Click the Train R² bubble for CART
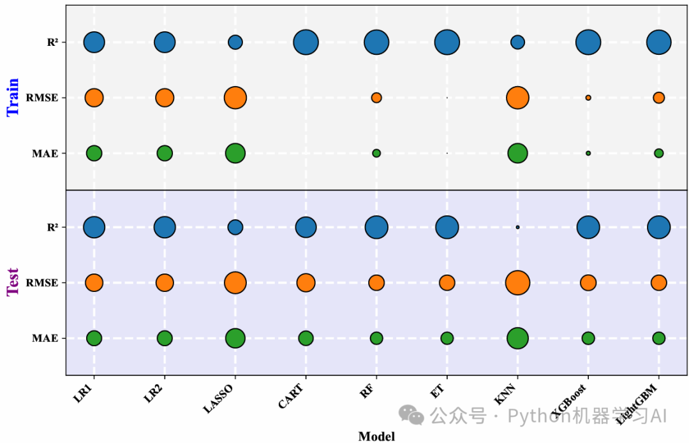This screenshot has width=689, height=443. [306, 43]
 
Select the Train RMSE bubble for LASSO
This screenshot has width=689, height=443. [235, 98]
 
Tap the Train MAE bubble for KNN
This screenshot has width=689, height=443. [517, 153]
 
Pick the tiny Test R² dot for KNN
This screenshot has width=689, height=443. [517, 227]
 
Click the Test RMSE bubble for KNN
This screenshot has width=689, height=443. [517, 282]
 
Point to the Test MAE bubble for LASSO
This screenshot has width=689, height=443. [235, 338]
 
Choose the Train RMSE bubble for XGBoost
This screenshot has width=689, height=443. [588, 98]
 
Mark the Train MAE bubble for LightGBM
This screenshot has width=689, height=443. [658, 153]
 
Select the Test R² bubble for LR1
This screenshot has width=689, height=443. [94, 227]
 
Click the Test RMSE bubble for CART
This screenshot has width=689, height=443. [306, 282]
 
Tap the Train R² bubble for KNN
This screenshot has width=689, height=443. [517, 42]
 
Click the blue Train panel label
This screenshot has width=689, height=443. [13, 97]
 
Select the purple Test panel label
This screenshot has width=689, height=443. [13, 282]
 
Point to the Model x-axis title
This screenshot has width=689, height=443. [376, 436]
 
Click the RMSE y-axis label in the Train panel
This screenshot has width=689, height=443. [42, 98]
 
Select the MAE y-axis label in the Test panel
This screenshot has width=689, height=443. [45, 338]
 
